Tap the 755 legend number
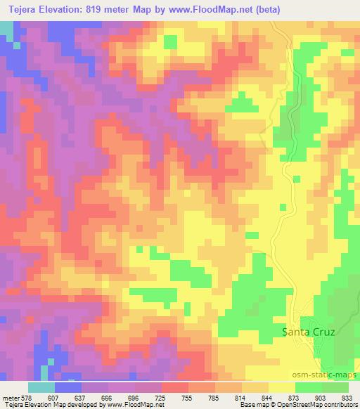point(188,396)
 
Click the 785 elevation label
point(215,396)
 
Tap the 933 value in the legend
point(347,396)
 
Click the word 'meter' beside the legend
point(11,396)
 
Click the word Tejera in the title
point(20,9)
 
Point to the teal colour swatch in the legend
point(41,387)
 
